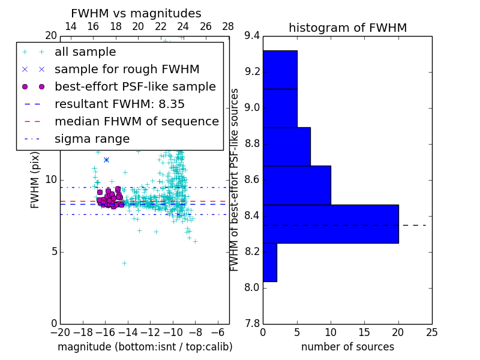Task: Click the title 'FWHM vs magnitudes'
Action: pyautogui.click(x=136, y=13)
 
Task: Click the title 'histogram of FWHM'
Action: pyautogui.click(x=347, y=28)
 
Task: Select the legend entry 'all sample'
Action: pyautogui.click(x=85, y=52)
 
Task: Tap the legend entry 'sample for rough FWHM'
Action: pyautogui.click(x=127, y=70)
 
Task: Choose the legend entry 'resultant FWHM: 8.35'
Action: pyautogui.click(x=119, y=104)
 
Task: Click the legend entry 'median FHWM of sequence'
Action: pyautogui.click(x=136, y=122)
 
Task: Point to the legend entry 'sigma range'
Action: pyautogui.click(x=92, y=139)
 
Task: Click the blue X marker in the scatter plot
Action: pyautogui.click(x=106, y=160)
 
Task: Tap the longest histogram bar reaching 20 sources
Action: pyautogui.click(x=331, y=224)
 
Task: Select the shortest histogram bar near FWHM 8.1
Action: pyautogui.click(x=269, y=262)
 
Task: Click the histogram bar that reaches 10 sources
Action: pyautogui.click(x=296, y=185)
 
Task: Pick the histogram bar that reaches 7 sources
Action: pyautogui.click(x=286, y=146)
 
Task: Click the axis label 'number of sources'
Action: pyautogui.click(x=347, y=347)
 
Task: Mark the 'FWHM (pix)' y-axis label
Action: pyautogui.click(x=35, y=179)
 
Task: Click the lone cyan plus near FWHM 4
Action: pyautogui.click(x=124, y=263)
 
